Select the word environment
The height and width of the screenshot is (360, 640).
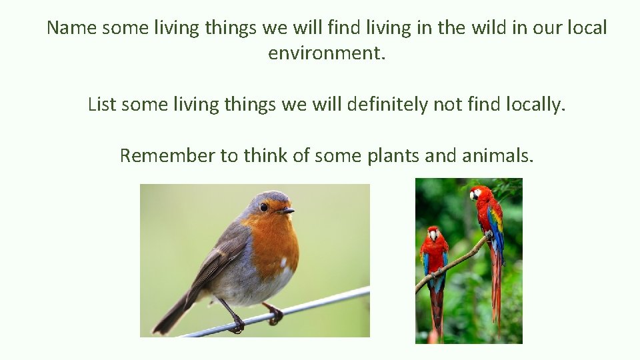pyautogui.click(x=327, y=53)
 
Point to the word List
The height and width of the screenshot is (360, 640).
pyautogui.click(x=103, y=105)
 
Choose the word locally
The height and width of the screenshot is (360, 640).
pyautogui.click(x=532, y=105)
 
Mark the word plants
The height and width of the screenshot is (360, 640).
pyautogui.click(x=393, y=155)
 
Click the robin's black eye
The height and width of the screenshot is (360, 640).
pyautogui.click(x=264, y=207)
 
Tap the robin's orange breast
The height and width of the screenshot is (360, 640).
pyautogui.click(x=276, y=243)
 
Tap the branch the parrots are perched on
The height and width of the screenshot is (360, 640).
pyautogui.click(x=453, y=263)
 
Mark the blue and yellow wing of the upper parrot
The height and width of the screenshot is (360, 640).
pyautogui.click(x=495, y=227)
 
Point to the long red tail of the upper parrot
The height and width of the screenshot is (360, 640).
pyautogui.click(x=496, y=293)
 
